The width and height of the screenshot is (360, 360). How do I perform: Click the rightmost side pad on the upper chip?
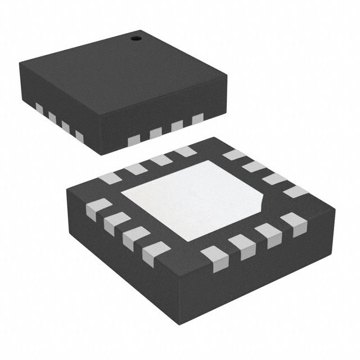tap(197, 119)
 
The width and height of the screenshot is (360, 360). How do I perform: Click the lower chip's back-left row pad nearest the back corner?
tap(184, 151)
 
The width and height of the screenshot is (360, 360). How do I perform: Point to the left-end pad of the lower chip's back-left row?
tap(111, 178)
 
